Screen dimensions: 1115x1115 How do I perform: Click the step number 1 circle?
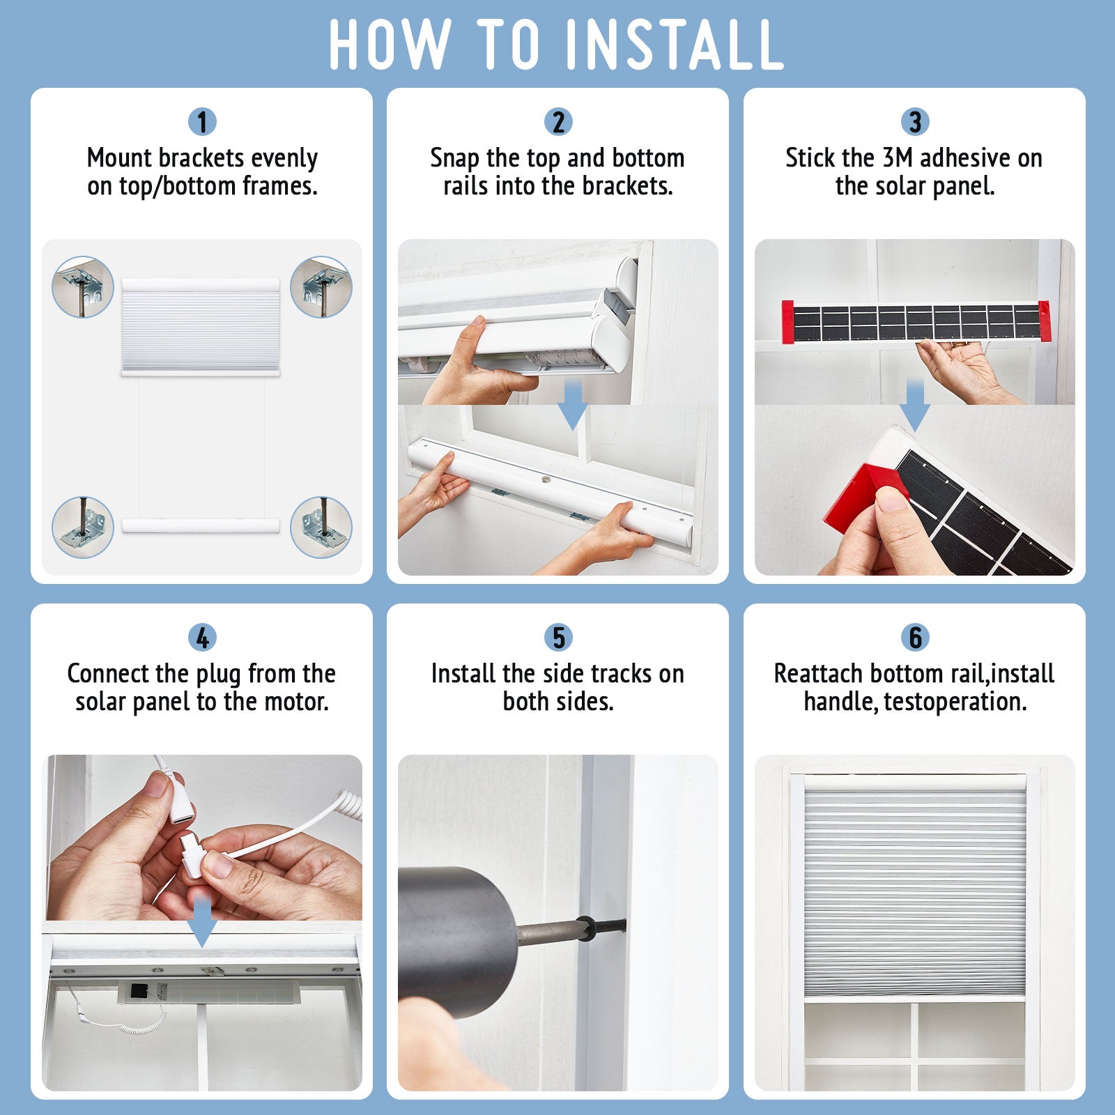202,122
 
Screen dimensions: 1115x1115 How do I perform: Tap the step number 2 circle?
558,122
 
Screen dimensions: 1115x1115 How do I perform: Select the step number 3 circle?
915,122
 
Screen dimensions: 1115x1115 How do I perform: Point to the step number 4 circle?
202,638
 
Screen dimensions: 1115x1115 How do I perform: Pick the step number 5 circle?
558,638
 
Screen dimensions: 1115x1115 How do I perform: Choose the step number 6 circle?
915,638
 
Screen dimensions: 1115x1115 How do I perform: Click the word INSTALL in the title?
675,45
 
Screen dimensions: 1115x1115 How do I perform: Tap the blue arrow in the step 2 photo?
573,405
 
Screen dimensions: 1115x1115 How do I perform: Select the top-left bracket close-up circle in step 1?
83,287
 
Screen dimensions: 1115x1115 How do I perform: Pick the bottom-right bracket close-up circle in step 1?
321,527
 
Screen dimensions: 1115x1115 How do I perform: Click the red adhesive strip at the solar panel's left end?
787,322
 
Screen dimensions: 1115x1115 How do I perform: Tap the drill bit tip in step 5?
622,925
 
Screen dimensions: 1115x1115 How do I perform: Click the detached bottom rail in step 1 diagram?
201,525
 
